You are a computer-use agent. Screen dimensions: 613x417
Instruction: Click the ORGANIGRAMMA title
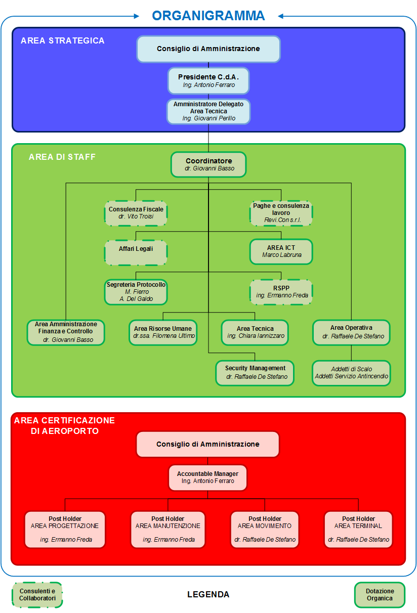(x=209, y=15)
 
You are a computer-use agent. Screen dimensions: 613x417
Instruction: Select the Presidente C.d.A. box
(x=209, y=81)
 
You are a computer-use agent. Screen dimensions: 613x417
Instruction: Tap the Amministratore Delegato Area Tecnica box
(x=209, y=111)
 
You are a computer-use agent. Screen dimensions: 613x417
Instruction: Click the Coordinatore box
(x=209, y=164)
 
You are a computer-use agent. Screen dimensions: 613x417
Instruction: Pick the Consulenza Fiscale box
(x=136, y=213)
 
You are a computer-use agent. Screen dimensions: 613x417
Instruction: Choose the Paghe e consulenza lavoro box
(x=281, y=213)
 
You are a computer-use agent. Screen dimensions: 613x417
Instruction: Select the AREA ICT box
(x=281, y=251)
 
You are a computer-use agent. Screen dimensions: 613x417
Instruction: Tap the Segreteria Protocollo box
(x=136, y=292)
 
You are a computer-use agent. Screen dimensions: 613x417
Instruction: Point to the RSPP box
(x=281, y=292)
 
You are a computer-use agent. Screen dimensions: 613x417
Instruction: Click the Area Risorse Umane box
(x=163, y=332)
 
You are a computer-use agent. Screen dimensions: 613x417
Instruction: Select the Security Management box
(x=256, y=373)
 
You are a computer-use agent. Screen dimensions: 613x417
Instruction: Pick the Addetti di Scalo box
(x=352, y=373)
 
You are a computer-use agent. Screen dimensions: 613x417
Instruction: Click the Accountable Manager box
(x=207, y=477)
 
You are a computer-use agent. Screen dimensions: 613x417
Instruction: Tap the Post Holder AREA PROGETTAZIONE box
(x=65, y=529)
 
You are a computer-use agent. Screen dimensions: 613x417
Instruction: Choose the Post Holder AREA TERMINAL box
(x=358, y=529)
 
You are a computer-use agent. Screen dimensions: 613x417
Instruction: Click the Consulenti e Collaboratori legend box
(x=37, y=595)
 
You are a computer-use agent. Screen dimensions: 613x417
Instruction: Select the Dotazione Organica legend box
(x=380, y=595)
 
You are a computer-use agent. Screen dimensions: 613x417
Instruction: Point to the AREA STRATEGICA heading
(x=63, y=40)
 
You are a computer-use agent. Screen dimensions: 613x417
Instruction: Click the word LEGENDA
(x=208, y=595)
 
